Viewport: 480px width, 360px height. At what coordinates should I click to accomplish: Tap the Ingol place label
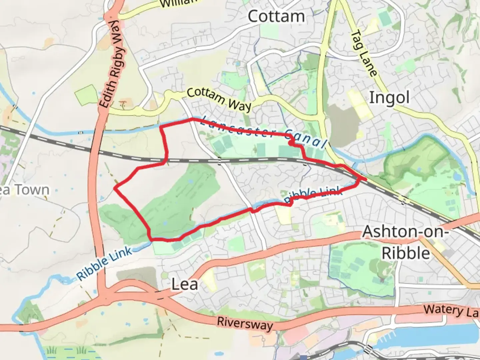[x=389, y=98]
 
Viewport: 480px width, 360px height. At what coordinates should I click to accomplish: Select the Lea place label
[x=185, y=284]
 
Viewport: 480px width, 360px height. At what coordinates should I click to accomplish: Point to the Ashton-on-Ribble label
[x=405, y=242]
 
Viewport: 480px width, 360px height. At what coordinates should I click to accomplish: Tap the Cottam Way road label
[x=219, y=99]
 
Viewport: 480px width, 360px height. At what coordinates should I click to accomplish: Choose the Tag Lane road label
[x=364, y=53]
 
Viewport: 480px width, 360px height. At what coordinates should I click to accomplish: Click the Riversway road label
[x=245, y=323]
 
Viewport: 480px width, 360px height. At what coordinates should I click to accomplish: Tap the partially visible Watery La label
[x=452, y=311]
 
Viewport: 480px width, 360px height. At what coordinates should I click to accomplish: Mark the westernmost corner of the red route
[x=115, y=188]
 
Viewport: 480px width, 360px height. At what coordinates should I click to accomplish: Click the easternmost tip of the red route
[x=366, y=179]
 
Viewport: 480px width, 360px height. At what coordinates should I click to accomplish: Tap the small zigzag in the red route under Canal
[x=292, y=144]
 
